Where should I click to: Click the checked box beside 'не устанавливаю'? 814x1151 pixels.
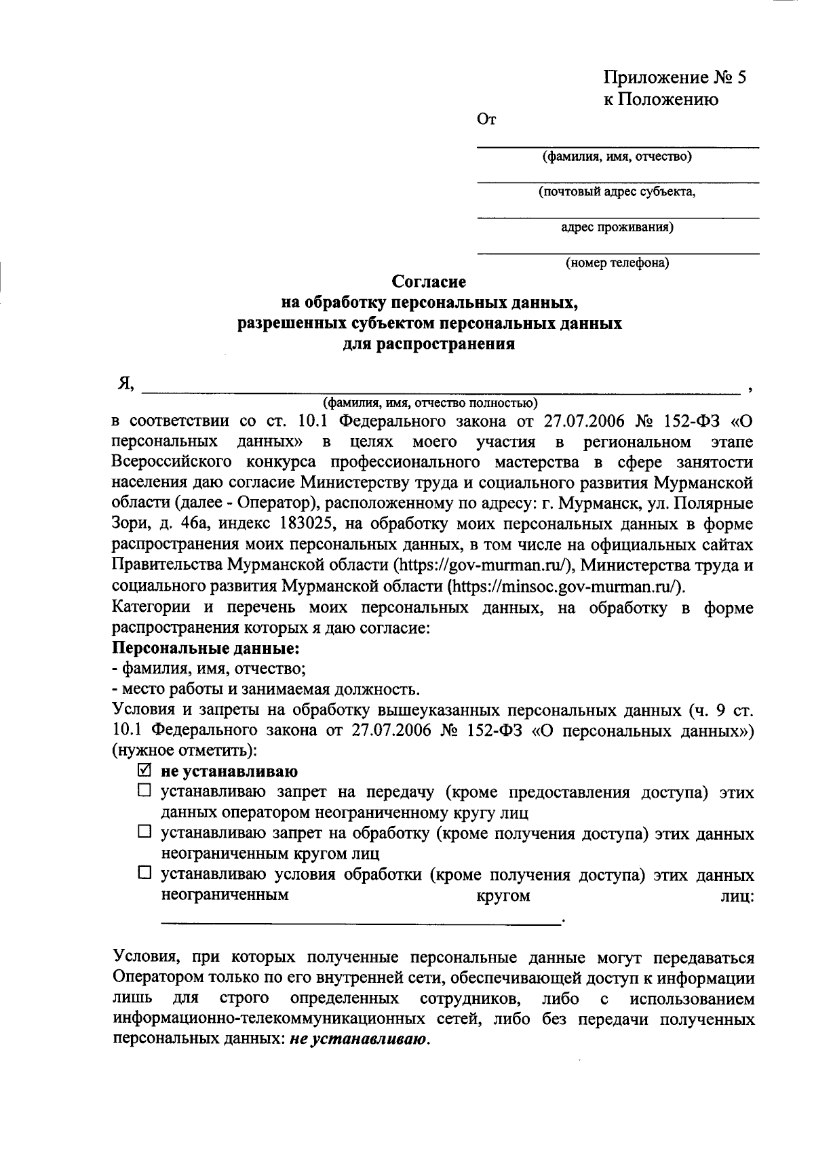point(144,770)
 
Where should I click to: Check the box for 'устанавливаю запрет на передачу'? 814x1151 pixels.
point(144,790)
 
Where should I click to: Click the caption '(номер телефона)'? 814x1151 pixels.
point(617,263)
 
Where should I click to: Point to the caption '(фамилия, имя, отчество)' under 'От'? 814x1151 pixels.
point(617,157)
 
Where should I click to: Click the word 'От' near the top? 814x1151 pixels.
point(487,121)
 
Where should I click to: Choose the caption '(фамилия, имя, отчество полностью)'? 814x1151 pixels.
point(430,402)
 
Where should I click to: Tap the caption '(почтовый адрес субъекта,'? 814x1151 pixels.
point(617,193)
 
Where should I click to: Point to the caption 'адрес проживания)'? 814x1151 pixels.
point(617,228)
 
